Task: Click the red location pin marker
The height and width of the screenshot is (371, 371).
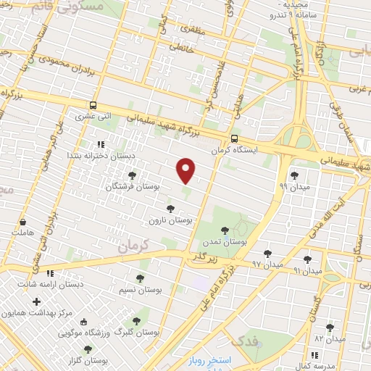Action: pyautogui.click(x=186, y=170)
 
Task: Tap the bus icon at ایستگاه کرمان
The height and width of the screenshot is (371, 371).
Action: pyautogui.click(x=233, y=139)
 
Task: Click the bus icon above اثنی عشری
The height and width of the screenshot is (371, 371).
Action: pyautogui.click(x=93, y=105)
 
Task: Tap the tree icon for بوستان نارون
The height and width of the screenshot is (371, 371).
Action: pyautogui.click(x=171, y=209)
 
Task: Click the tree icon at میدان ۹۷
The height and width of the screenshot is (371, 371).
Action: pyautogui.click(x=267, y=254)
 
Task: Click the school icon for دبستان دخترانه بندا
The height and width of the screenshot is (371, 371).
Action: pyautogui.click(x=101, y=144)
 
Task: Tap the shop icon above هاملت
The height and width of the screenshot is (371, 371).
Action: pyautogui.click(x=23, y=222)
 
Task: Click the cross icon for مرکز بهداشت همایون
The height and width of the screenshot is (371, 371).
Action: pyautogui.click(x=36, y=301)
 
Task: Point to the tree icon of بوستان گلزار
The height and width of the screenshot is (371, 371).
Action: pyautogui.click(x=88, y=349)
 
